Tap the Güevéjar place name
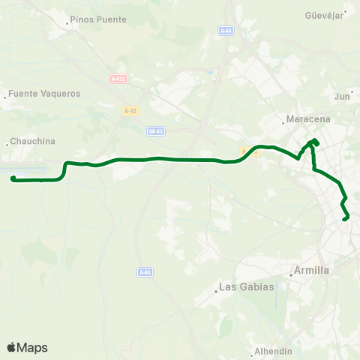point(324,15)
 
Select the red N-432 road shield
point(117,78)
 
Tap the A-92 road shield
point(130,110)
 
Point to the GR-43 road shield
point(156,130)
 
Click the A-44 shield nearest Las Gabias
point(145,272)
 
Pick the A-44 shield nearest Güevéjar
point(226,30)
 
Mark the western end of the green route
point(13,178)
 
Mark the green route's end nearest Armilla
point(346,219)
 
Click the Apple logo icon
point(11,347)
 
